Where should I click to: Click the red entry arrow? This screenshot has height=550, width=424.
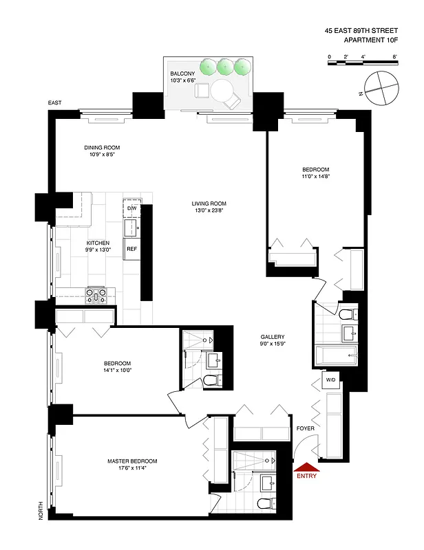tap(306, 466)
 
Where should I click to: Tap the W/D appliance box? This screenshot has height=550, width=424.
tap(330, 379)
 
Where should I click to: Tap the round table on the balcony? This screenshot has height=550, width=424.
tap(222, 90)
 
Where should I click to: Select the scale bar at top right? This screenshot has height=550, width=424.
tap(361, 63)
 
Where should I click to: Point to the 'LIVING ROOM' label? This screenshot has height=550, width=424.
tap(210, 203)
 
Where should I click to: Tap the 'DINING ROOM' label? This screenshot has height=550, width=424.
tap(102, 148)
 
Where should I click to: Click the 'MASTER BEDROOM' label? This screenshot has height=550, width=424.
tap(132, 461)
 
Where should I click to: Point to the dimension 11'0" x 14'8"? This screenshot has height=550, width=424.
tap(315, 177)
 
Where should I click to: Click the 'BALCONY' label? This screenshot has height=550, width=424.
tap(182, 73)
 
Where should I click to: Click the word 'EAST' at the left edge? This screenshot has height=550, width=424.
tap(54, 103)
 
